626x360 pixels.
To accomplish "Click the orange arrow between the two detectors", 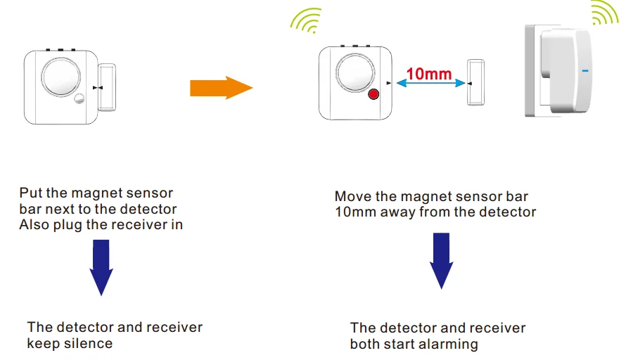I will click(220, 88).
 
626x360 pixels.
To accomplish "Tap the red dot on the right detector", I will click(373, 95).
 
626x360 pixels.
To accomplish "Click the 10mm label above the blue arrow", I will click(430, 72).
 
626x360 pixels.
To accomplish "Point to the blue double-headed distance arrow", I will click(430, 84).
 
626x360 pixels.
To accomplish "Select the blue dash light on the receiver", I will click(583, 71).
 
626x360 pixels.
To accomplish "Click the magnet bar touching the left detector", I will click(107, 86).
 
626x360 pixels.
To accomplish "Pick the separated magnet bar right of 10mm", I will click(476, 82).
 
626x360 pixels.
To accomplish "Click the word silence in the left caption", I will click(89, 344).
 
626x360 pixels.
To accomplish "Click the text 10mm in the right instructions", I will click(356, 212).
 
